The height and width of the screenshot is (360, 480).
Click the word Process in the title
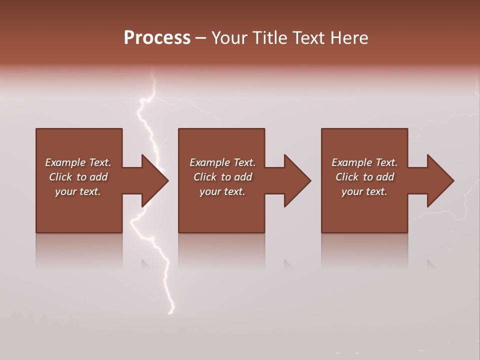[157, 38]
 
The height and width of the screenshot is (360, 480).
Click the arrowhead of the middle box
[297, 180]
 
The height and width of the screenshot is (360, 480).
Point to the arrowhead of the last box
[440, 180]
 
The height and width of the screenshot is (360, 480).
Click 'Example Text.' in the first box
[78, 162]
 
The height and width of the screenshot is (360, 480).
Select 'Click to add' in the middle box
[222, 177]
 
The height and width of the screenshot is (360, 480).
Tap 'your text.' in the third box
[364, 191]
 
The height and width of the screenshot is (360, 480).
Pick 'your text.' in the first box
[78, 191]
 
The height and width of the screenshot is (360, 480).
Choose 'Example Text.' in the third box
[364, 162]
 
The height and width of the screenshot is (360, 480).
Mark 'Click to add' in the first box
[78, 177]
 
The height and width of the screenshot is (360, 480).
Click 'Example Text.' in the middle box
[222, 162]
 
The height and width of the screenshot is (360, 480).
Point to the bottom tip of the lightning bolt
[171, 313]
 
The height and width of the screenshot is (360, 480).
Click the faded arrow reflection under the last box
[431, 264]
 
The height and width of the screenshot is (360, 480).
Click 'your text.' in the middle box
[222, 191]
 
